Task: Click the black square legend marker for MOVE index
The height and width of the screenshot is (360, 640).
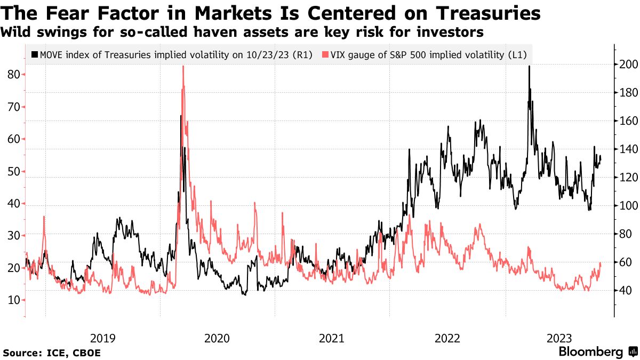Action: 35,54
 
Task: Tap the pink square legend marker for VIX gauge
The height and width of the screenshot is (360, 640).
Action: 325,54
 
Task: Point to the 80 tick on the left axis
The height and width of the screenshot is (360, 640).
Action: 14,74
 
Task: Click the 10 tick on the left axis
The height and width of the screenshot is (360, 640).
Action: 14,300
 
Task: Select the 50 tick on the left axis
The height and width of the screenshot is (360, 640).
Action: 14,171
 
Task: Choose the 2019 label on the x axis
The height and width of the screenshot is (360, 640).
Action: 102,338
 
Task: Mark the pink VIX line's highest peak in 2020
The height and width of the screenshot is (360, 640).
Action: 183,67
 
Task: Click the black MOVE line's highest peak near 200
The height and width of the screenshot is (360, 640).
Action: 529,67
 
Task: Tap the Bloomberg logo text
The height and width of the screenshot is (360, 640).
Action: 590,352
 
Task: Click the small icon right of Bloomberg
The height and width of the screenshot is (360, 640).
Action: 633,352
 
